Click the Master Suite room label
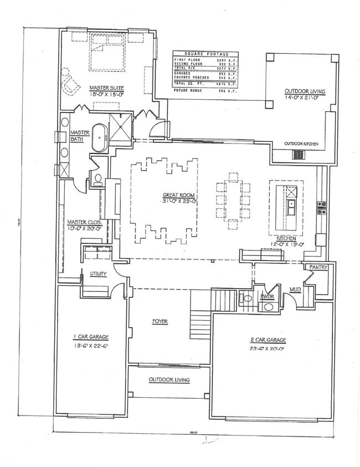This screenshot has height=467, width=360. (x=106, y=88)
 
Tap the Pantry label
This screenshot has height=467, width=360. (x=319, y=267)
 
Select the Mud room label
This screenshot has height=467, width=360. (x=295, y=289)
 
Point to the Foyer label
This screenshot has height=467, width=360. (x=161, y=321)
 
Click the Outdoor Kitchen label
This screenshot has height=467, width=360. (x=301, y=144)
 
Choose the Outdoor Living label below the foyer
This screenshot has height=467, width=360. (x=169, y=380)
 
